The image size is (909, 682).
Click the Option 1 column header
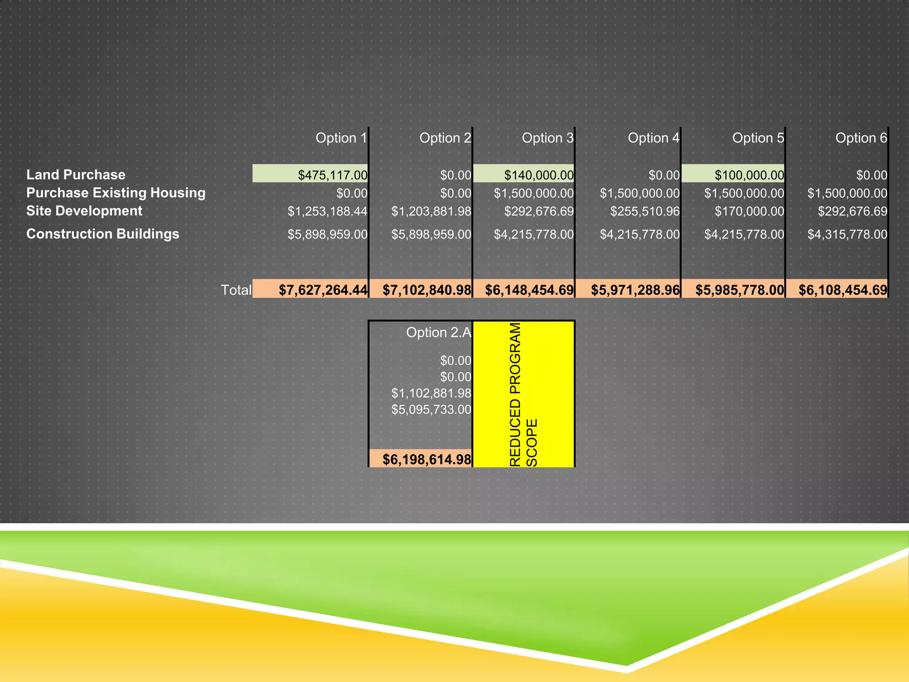(341, 138)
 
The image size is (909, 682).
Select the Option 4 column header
(653, 138)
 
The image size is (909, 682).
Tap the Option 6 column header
(861, 138)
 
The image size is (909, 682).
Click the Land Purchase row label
(76, 174)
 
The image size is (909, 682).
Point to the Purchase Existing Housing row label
(116, 193)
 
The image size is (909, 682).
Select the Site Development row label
(84, 211)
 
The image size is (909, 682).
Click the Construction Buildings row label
(103, 234)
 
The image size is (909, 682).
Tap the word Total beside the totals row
(236, 290)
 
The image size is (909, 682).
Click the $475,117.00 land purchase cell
(332, 175)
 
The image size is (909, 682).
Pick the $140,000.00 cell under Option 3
(538, 175)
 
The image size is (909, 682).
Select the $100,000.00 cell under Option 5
(749, 175)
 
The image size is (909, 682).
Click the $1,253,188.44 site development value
(328, 211)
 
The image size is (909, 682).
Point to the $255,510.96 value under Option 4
(644, 211)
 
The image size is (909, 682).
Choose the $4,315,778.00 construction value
(847, 234)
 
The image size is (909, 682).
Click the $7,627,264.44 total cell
(323, 290)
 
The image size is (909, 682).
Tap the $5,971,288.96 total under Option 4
(635, 290)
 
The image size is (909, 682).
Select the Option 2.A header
(438, 333)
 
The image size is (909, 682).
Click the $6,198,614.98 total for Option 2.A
(427, 459)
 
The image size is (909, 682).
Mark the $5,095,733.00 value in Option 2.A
(431, 409)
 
